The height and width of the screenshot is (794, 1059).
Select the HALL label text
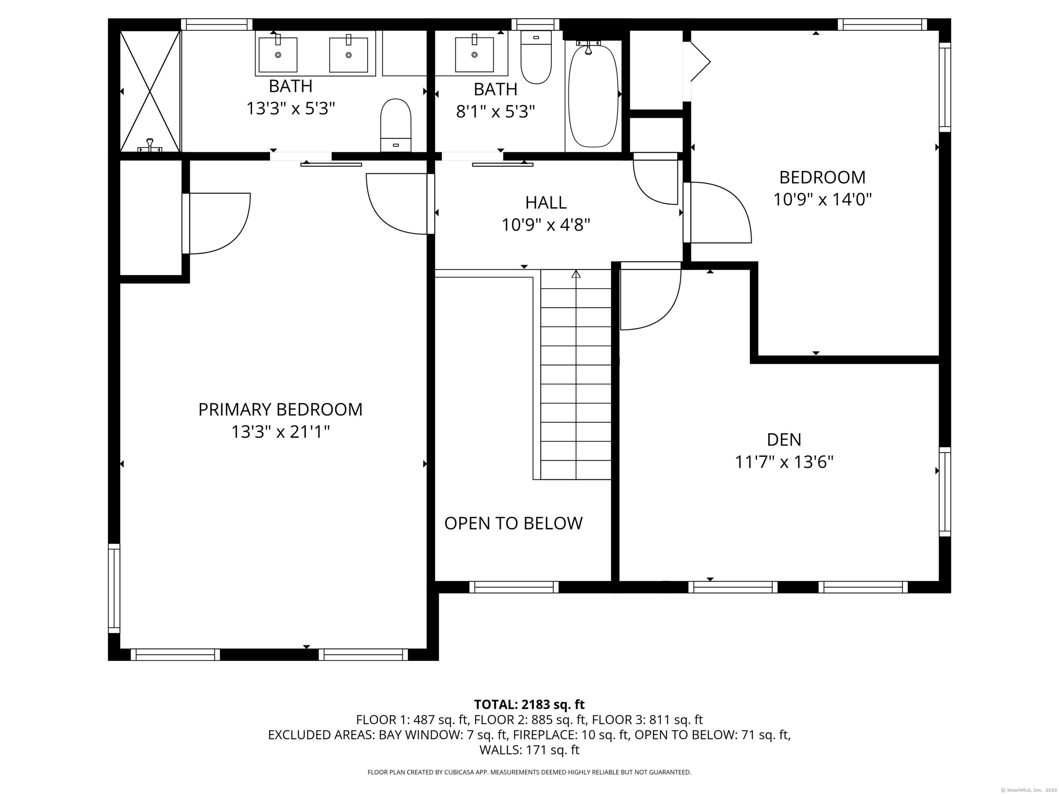[546, 202]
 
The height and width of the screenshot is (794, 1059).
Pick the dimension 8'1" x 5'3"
[495, 112]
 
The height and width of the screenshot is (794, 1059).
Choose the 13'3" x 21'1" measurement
[281, 432]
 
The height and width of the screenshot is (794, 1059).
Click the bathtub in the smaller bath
[593, 96]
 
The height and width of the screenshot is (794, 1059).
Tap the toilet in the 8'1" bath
[536, 57]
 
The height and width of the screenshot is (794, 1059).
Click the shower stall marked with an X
[150, 91]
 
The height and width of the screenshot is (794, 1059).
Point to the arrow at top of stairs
[576, 274]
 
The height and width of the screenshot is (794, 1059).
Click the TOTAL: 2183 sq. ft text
[529, 704]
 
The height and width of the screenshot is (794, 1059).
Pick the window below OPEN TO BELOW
[514, 587]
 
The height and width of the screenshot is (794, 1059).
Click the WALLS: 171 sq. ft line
[529, 750]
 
